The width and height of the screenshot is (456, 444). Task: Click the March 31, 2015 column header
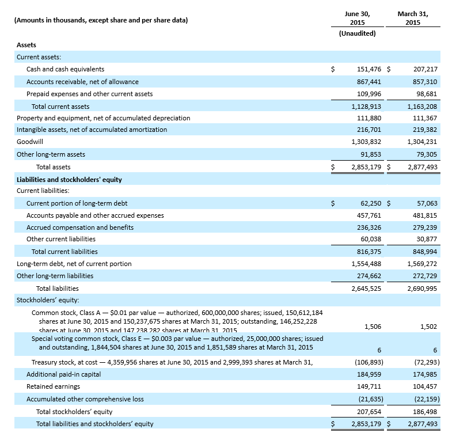coord(412,18)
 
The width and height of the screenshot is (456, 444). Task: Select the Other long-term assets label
coord(51,154)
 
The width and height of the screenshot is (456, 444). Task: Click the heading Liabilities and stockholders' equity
coord(69,180)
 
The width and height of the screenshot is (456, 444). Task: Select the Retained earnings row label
coord(53,386)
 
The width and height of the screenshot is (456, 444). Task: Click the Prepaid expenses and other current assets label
coord(89,94)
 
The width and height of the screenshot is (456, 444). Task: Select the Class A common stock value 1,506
coord(373,327)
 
